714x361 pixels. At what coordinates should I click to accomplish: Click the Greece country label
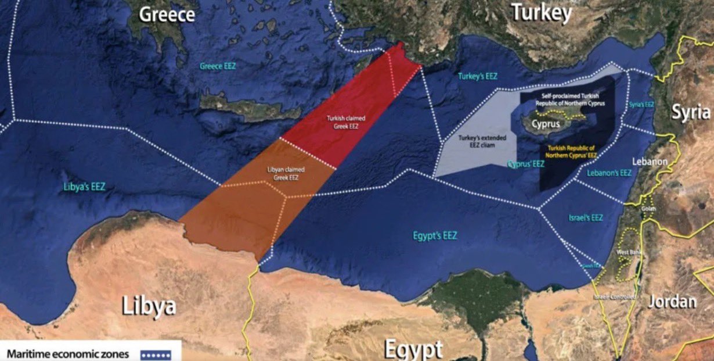click(166, 14)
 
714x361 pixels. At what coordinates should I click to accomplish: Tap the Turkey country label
click(540, 12)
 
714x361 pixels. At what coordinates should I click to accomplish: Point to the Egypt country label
click(413, 349)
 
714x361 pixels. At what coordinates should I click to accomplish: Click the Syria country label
click(691, 112)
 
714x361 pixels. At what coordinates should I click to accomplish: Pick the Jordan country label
click(672, 301)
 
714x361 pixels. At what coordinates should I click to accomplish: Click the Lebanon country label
click(650, 162)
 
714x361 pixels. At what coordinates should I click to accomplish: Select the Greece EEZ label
click(218, 66)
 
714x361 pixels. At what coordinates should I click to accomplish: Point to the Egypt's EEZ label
click(435, 236)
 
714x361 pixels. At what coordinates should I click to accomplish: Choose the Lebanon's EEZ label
click(609, 173)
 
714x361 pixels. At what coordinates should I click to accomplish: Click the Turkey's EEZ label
click(477, 76)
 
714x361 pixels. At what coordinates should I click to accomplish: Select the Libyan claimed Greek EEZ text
click(282, 173)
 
